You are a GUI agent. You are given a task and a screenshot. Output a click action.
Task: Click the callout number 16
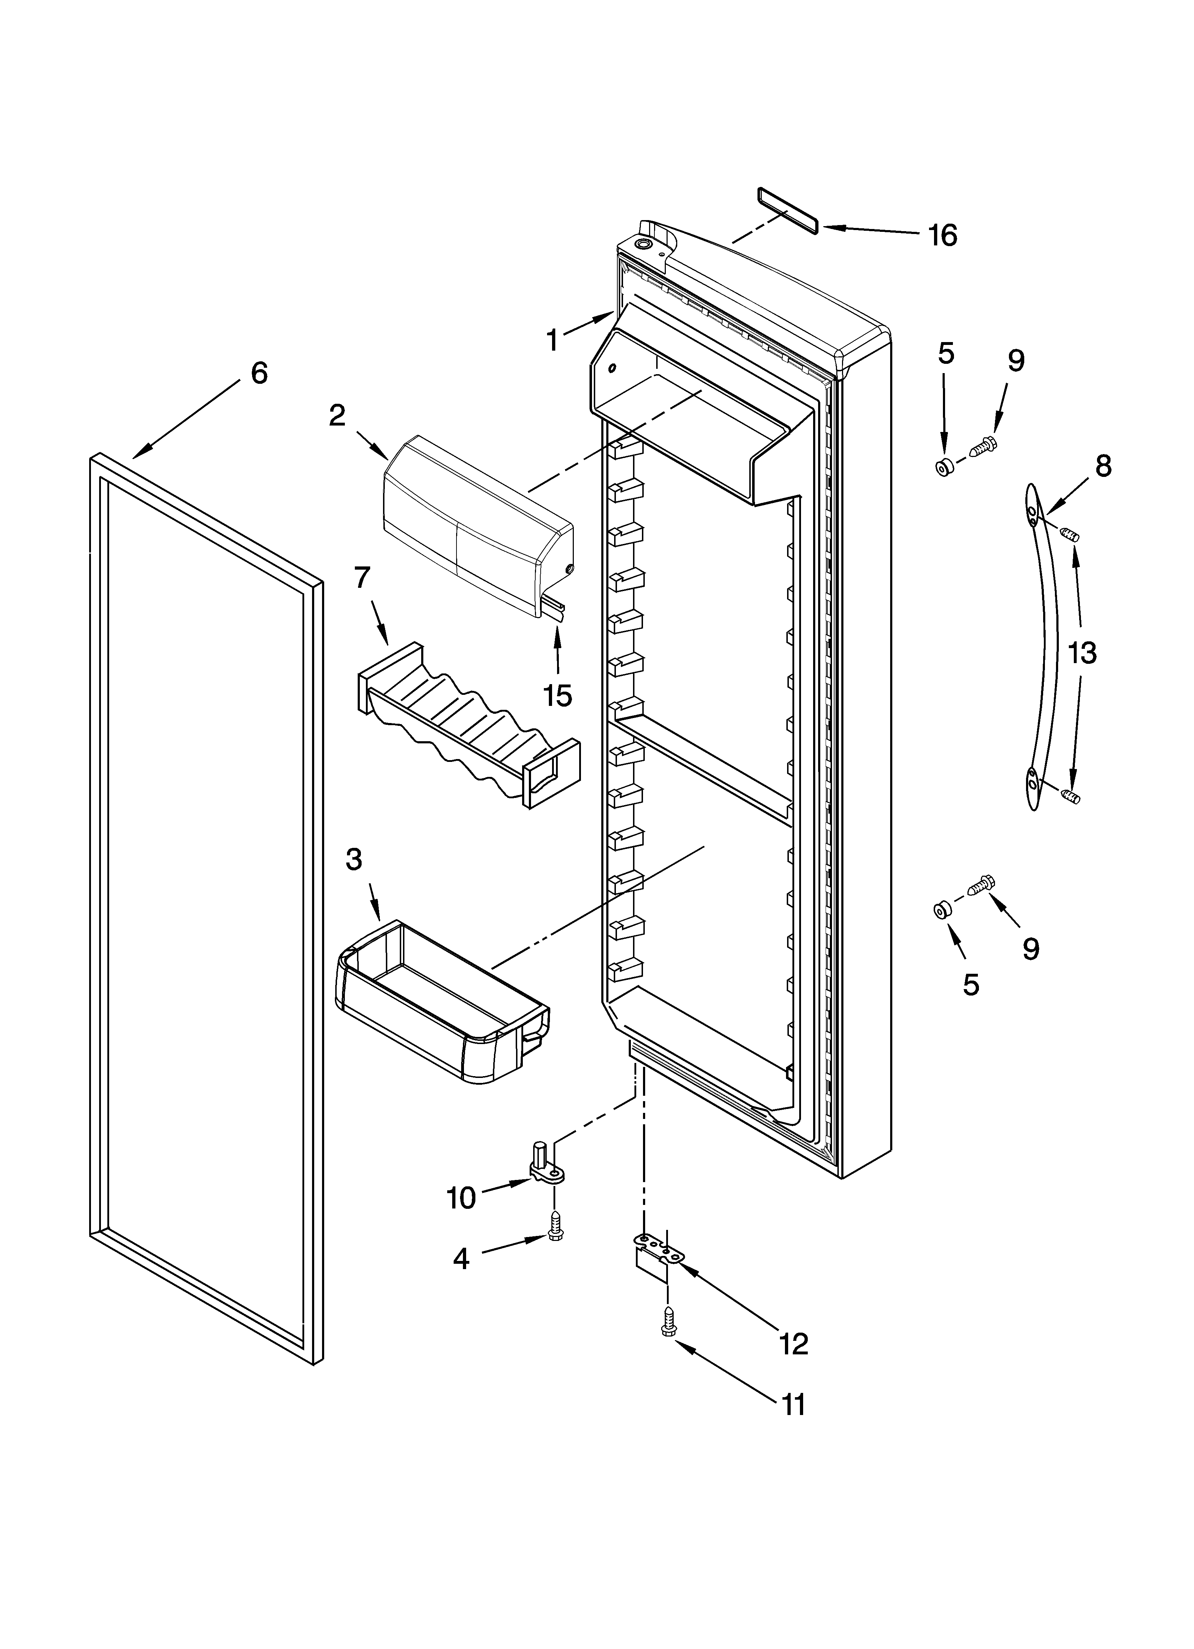(943, 235)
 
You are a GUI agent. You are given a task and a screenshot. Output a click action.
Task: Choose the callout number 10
(461, 1197)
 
